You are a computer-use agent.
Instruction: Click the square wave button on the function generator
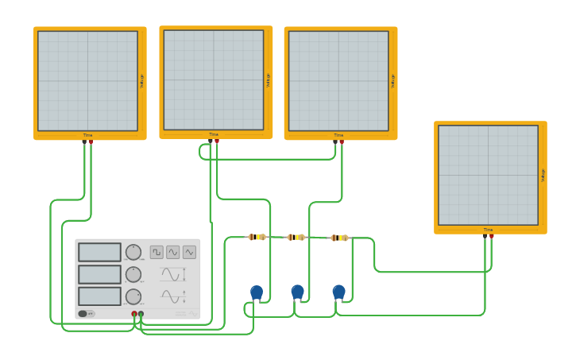click(x=157, y=252)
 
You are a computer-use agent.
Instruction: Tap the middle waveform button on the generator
click(x=173, y=252)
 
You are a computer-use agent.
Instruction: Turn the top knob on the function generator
click(x=133, y=252)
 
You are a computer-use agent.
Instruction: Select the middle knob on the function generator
click(x=133, y=274)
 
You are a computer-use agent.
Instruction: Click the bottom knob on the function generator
click(x=133, y=296)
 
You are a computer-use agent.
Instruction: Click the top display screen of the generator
click(x=99, y=252)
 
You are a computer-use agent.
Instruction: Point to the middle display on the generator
click(x=99, y=274)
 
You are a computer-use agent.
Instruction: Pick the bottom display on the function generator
click(x=99, y=296)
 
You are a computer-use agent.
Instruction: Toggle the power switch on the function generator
click(x=83, y=314)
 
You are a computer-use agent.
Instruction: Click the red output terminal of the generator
click(x=133, y=314)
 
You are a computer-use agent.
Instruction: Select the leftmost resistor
click(x=257, y=237)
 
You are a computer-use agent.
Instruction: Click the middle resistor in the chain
click(x=296, y=237)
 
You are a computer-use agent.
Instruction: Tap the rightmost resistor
click(x=339, y=237)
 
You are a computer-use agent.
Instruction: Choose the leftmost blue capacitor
click(x=257, y=292)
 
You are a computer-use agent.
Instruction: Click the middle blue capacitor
click(x=297, y=292)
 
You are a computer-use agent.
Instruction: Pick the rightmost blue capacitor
click(x=339, y=292)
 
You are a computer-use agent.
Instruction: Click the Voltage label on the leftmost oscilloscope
click(x=142, y=80)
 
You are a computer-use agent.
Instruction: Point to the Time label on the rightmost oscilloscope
click(x=488, y=230)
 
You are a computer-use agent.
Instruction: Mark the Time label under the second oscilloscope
click(x=214, y=134)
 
